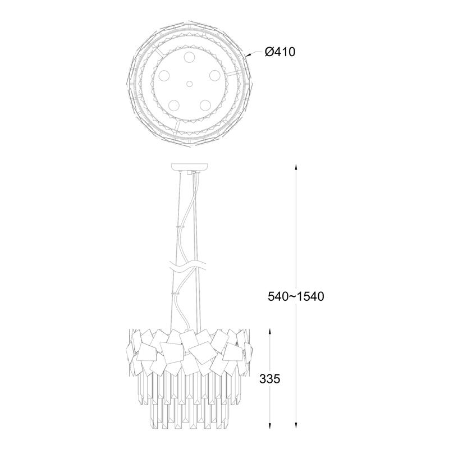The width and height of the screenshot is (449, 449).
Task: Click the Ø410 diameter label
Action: (x=280, y=52)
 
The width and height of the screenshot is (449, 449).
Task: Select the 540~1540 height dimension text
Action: (x=296, y=296)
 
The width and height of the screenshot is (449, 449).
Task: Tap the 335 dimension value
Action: (x=270, y=379)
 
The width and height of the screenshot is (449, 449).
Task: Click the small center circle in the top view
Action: (x=189, y=84)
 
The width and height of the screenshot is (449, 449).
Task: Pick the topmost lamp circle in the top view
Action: (x=189, y=57)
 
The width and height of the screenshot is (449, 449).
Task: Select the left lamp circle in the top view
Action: (x=164, y=76)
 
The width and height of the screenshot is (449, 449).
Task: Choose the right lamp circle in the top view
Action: (x=214, y=76)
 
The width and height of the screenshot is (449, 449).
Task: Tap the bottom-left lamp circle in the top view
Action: (x=174, y=105)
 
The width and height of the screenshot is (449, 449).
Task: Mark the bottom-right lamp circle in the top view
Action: (x=205, y=105)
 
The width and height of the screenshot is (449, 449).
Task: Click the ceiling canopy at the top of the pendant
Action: (x=190, y=167)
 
